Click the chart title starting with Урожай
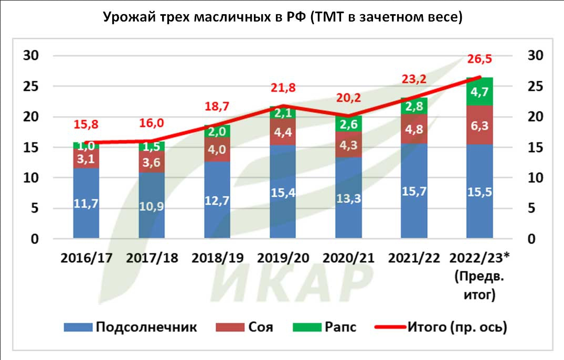coord(282,17)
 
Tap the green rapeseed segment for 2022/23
coord(479,91)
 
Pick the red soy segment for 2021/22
coord(413,129)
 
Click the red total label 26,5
coord(479,59)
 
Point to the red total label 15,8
coord(87,125)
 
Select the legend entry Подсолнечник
coord(131,327)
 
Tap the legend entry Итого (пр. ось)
coord(441,327)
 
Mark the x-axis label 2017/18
coord(152,258)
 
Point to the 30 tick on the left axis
coord(31,56)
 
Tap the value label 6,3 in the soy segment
coord(479,125)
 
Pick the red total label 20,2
coord(348,98)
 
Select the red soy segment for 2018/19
coord(217,149)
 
